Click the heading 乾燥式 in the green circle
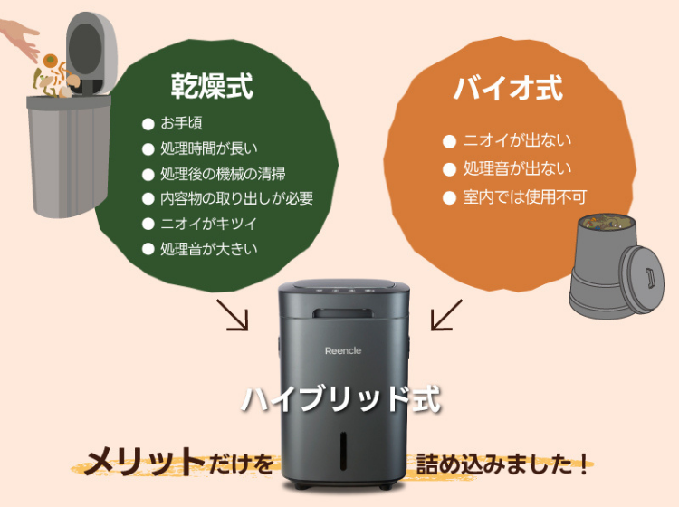pyautogui.click(x=211, y=87)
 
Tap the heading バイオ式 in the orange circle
pyautogui.click(x=507, y=89)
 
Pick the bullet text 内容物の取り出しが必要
pyautogui.click(x=236, y=198)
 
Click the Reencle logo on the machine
pyautogui.click(x=343, y=351)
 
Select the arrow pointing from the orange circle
pyautogui.click(x=445, y=316)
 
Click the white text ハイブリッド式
pyautogui.click(x=340, y=400)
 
